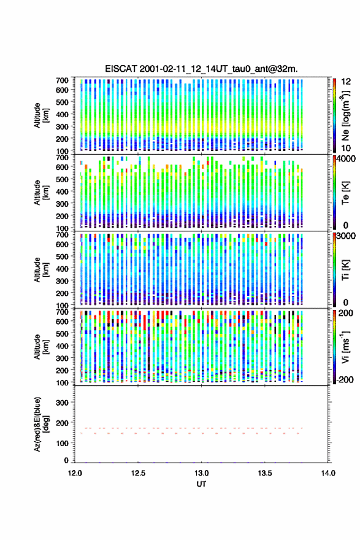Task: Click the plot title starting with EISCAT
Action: click(x=201, y=69)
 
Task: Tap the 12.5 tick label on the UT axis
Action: click(x=138, y=473)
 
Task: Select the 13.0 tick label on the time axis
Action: click(x=201, y=473)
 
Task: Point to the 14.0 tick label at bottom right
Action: click(x=328, y=473)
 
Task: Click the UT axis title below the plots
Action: click(x=201, y=484)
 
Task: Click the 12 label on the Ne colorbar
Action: click(x=346, y=82)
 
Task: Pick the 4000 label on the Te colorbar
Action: click(x=346, y=159)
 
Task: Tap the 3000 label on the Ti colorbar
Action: click(x=346, y=236)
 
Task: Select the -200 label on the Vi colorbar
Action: click(x=345, y=379)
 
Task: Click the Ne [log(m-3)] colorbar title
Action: click(x=345, y=115)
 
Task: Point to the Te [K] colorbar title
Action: click(x=345, y=193)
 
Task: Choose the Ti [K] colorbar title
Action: click(x=345, y=269)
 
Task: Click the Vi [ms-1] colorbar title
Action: click(x=345, y=347)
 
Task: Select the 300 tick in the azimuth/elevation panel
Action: click(x=62, y=403)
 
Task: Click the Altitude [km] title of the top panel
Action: click(x=42, y=115)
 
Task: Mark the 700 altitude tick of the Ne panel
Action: click(x=62, y=80)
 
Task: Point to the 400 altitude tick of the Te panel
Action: click(x=62, y=191)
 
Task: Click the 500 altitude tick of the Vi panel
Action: click(x=62, y=334)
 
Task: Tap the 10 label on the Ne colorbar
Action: click(x=346, y=148)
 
